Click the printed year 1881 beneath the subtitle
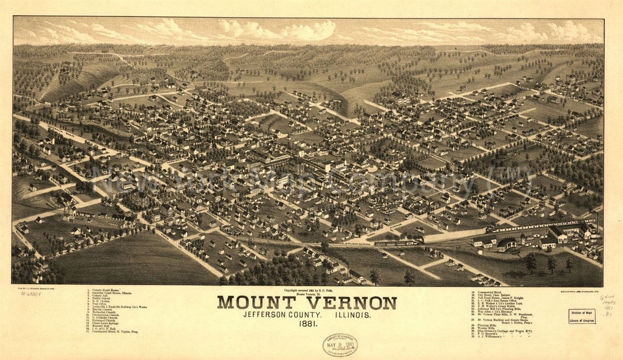pyautogui.click(x=307, y=324)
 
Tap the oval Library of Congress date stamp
pyautogui.click(x=339, y=344)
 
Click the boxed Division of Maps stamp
pyautogui.click(x=581, y=316)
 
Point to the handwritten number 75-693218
pyautogui.click(x=30, y=293)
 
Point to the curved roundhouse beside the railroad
pyautogui.click(x=506, y=244)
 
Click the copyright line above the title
pyautogui.click(x=307, y=291)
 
